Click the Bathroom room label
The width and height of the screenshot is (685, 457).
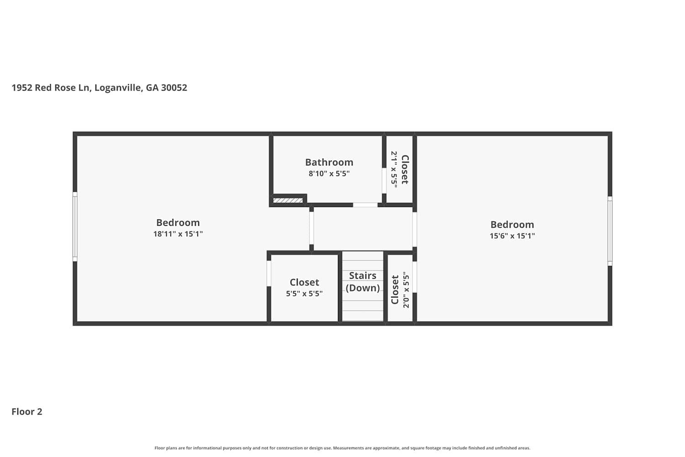click(x=329, y=162)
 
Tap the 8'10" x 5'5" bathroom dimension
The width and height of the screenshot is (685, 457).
click(x=329, y=174)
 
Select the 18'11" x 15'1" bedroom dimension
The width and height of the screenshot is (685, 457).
click(x=178, y=234)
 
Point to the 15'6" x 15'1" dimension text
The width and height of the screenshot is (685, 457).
click(x=512, y=236)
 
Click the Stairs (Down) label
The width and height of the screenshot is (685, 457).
click(x=363, y=282)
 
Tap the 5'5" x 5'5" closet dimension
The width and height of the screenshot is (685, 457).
click(x=304, y=293)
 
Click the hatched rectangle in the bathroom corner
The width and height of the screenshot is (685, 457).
click(x=288, y=201)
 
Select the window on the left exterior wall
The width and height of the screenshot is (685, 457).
click(x=75, y=227)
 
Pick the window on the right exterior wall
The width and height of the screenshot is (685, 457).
click(x=610, y=231)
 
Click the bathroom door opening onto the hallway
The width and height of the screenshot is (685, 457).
click(x=365, y=205)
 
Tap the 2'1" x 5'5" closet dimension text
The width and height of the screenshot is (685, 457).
click(x=394, y=169)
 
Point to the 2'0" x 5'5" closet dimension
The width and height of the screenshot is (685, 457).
click(x=406, y=290)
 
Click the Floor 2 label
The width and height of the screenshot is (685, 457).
click(x=27, y=412)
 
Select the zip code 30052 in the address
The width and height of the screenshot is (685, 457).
click(x=174, y=88)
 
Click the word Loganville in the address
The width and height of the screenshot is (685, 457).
click(x=118, y=88)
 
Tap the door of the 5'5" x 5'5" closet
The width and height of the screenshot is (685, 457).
click(x=269, y=273)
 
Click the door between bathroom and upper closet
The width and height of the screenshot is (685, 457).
click(x=384, y=181)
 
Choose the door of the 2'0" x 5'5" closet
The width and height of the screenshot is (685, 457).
click(x=415, y=276)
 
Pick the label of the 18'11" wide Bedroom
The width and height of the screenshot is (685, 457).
click(x=178, y=223)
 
